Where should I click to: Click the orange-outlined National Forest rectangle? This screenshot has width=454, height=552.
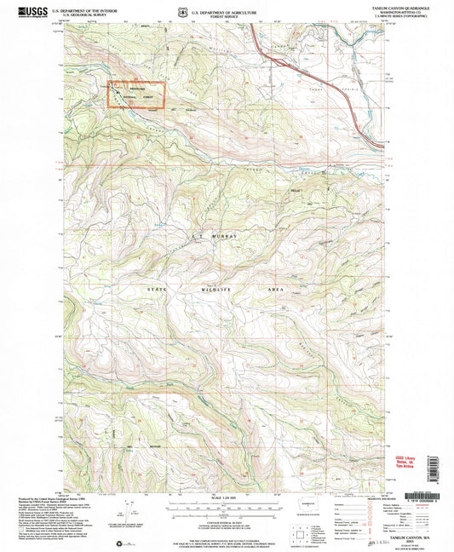(x=135, y=94)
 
